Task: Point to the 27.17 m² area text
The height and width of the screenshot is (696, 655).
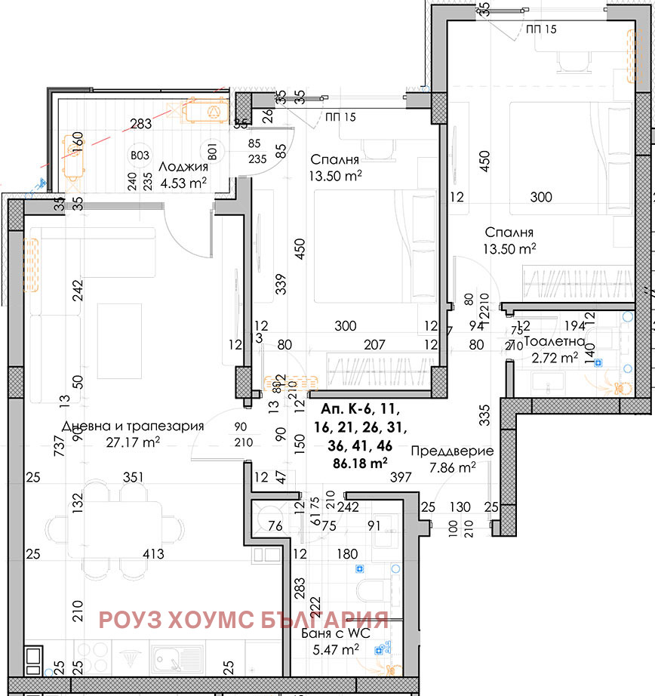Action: coord(133,442)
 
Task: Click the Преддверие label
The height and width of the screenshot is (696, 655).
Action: coord(452,451)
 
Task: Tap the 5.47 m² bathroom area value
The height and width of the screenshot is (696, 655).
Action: coord(342,649)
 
